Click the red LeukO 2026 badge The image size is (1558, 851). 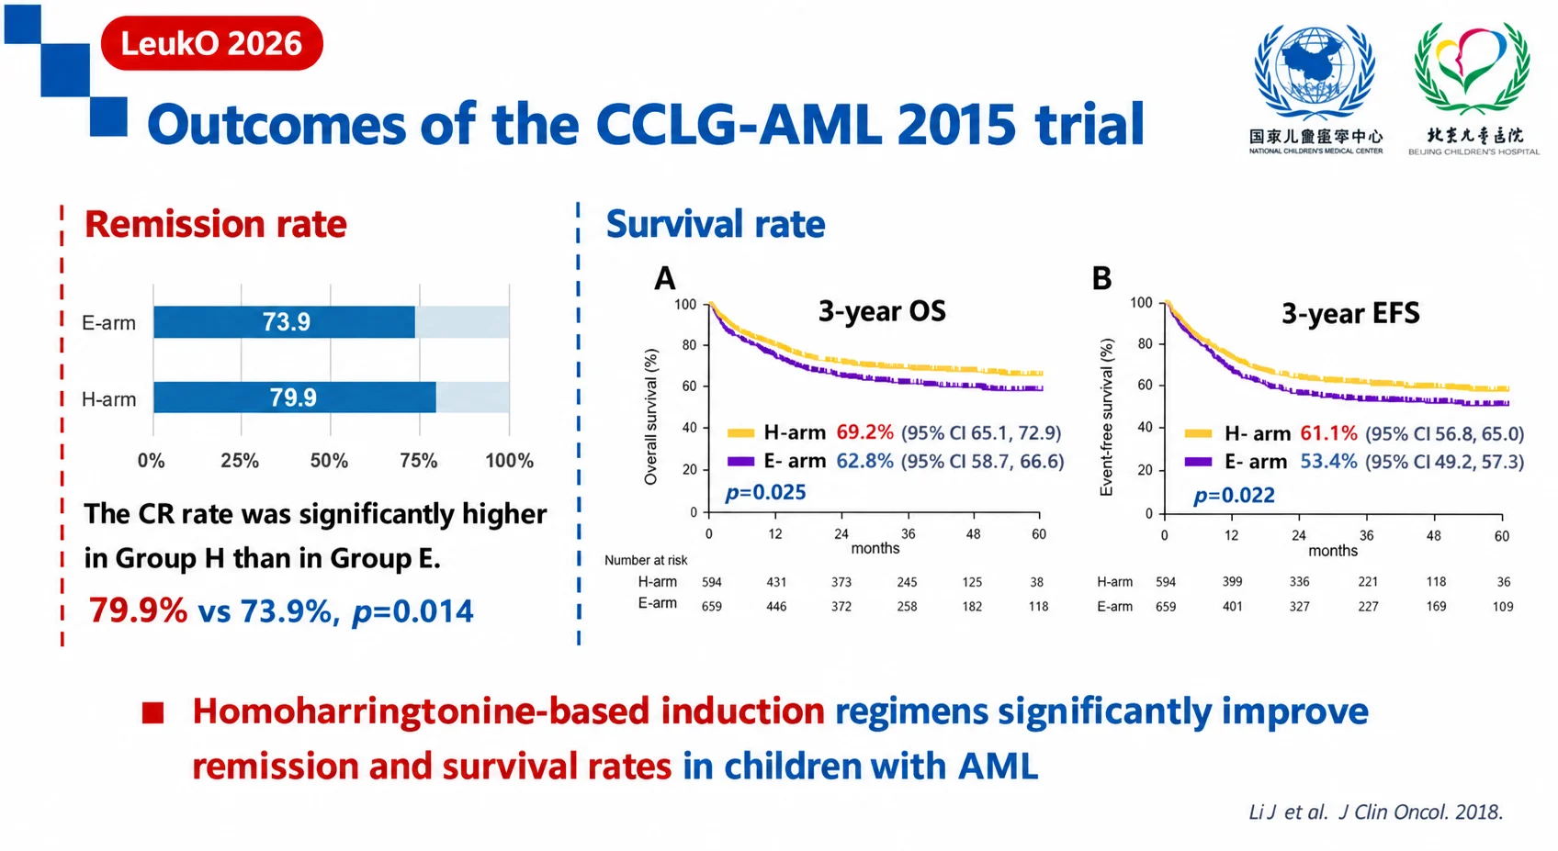point(211,43)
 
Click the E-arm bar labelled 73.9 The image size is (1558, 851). point(285,322)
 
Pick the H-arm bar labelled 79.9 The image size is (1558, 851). point(295,397)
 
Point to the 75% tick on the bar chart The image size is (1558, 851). point(419,460)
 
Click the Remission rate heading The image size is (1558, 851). point(216,224)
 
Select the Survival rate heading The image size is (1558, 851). point(716,224)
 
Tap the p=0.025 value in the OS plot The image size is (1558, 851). point(766,492)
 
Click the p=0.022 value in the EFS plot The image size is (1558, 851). point(1235,495)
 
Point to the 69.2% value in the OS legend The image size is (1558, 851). point(864,432)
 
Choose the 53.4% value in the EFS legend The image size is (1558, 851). point(1328,462)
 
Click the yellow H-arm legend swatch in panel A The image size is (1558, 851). point(740,433)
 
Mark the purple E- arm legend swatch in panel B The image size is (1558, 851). point(1199,462)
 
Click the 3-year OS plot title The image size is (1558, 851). point(882,311)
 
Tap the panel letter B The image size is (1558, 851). point(1101,278)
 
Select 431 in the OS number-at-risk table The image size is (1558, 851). point(776,582)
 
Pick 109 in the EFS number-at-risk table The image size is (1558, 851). point(1502,607)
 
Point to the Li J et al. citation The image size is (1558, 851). point(1376,812)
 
